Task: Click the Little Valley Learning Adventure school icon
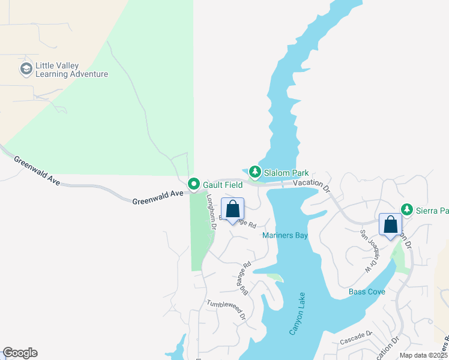26,68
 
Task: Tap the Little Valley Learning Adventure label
71,70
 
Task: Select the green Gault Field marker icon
193,184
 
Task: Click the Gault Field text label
222,185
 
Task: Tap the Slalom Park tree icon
255,173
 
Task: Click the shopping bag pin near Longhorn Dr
233,210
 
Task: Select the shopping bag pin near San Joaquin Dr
391,226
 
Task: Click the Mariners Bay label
285,236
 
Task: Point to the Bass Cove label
367,292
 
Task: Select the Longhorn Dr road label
211,211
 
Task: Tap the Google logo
20,353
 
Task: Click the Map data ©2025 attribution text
424,355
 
